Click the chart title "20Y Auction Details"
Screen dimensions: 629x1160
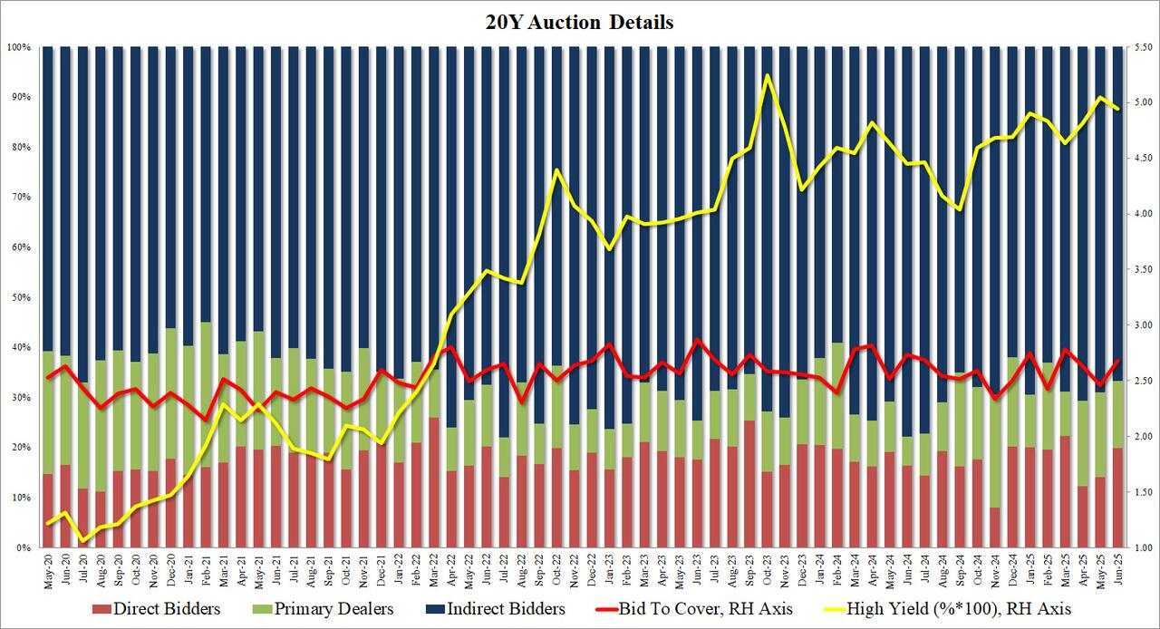coord(581,23)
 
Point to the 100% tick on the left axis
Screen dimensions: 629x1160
coord(19,47)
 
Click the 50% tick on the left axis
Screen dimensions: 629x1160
coord(21,297)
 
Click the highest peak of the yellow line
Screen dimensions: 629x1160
coord(768,75)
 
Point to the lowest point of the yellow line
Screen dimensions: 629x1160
coord(83,541)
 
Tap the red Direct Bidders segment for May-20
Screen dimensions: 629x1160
coord(48,511)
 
